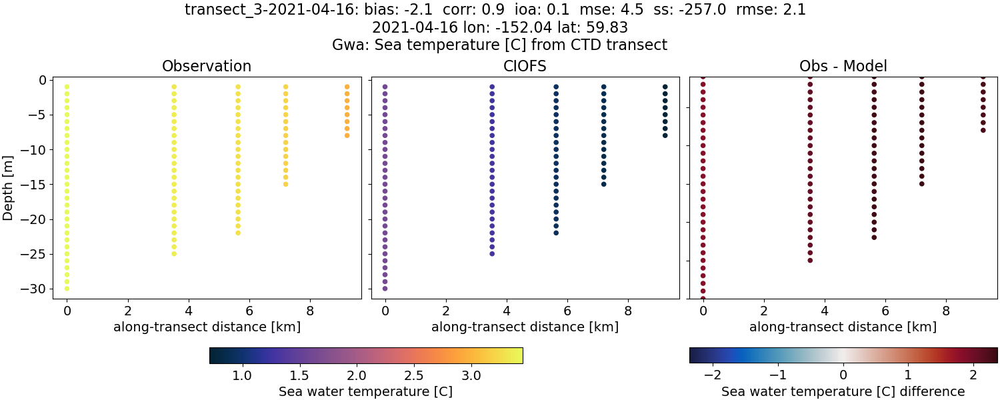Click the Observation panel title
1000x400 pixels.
(207, 67)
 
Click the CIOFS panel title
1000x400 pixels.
(525, 67)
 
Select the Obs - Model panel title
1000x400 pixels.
(843, 67)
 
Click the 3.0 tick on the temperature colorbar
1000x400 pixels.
(471, 375)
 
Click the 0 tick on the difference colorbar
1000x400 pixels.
(843, 375)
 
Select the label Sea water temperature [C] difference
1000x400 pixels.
(843, 391)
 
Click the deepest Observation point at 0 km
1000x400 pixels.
(67, 289)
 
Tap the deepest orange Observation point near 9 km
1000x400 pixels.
(347, 135)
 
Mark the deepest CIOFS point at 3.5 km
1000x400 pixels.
(492, 253)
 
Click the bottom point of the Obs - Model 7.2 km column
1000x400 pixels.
(922, 183)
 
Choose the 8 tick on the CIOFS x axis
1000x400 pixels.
(628, 311)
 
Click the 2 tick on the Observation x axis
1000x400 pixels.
(127, 311)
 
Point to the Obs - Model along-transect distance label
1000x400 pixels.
(843, 327)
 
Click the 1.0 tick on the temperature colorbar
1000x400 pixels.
(241, 375)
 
